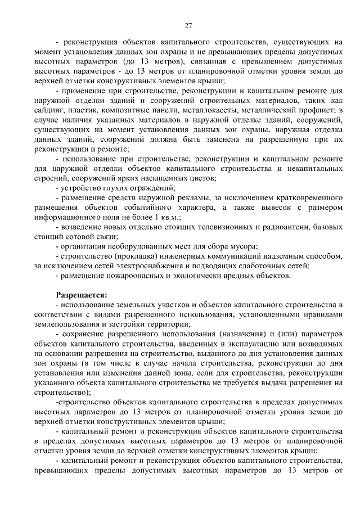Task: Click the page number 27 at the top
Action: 189,25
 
